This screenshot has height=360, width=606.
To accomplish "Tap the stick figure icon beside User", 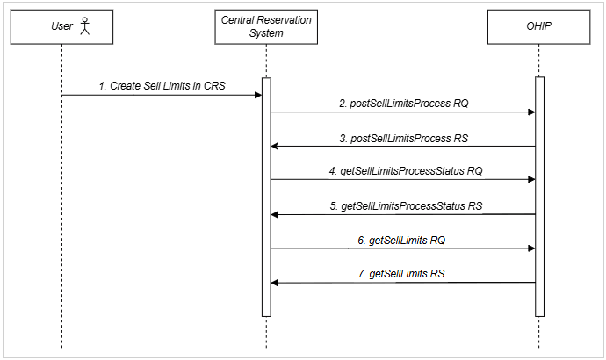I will coord(85,27).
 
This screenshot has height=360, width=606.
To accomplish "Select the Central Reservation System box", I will coord(266,27).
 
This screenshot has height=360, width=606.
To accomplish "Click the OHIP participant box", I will coord(539,27).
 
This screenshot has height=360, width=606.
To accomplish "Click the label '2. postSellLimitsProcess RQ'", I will coord(404,103).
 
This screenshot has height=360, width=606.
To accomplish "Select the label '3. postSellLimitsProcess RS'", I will coord(404,137).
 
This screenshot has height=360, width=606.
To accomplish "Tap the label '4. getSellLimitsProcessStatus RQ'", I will coord(404,171).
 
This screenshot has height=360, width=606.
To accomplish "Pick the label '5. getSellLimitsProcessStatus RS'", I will coord(404,205).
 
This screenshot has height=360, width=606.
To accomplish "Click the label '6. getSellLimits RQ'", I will coord(404,240).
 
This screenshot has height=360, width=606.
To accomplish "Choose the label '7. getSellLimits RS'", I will coord(404,274).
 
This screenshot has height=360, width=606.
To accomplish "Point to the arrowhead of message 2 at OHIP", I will coord(530,112).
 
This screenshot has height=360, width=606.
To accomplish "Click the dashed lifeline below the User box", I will coord(62,220).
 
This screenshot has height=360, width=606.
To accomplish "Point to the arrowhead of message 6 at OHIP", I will coord(530,248).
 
